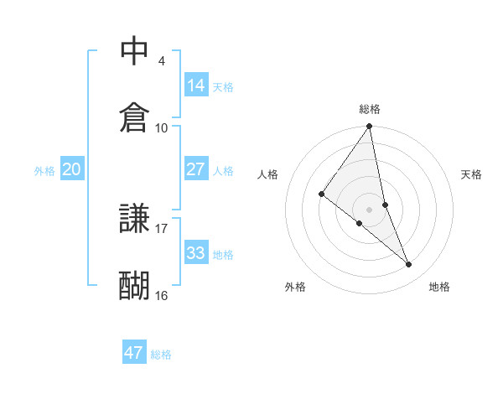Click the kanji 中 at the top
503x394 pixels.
[x=134, y=52]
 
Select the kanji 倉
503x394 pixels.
[x=134, y=117]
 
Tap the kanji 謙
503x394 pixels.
[x=134, y=219]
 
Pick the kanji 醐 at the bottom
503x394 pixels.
[x=134, y=285]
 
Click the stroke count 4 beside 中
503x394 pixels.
[x=162, y=61]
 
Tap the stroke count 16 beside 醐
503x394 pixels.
[x=162, y=295]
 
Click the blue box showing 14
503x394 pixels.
[x=196, y=85]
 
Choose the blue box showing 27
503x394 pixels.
[x=196, y=169]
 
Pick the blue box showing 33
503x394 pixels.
[x=196, y=252]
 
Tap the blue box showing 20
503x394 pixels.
[x=71, y=169]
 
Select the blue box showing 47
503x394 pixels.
[x=134, y=353]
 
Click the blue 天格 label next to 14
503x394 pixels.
[x=223, y=86]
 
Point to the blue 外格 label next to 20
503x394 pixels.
[x=44, y=171]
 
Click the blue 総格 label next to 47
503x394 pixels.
[x=161, y=355]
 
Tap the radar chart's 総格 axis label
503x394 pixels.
[x=370, y=109]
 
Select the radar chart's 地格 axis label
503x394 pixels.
[x=439, y=287]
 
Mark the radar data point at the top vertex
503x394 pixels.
[x=370, y=127]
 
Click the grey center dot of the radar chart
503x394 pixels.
[x=370, y=209]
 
